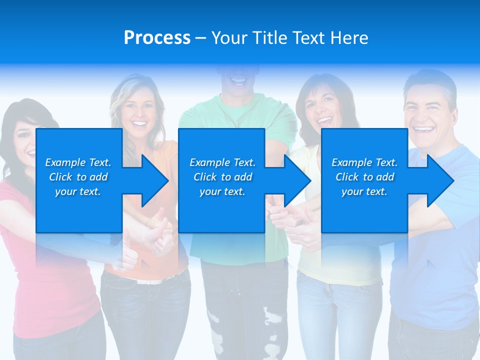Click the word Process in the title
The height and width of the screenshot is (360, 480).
coord(157,38)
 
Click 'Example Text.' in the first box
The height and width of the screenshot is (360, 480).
coord(78,162)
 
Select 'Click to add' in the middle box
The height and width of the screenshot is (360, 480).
coord(222,177)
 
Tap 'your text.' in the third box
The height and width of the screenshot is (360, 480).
coord(364,191)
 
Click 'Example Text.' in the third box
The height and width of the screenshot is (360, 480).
coord(364,162)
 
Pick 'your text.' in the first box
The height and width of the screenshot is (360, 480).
coord(78,191)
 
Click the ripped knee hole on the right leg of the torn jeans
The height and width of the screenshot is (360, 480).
coord(273,320)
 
